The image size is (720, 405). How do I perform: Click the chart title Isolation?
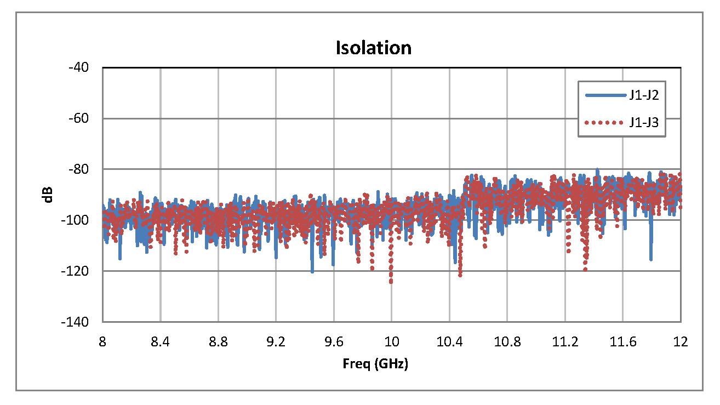tap(373, 48)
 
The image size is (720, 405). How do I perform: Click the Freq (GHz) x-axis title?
tap(375, 364)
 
